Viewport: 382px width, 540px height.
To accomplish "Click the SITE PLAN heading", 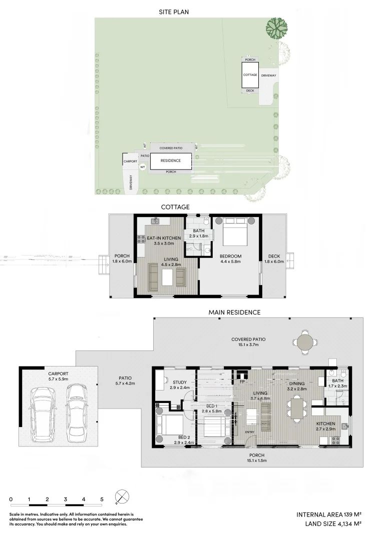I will pos(174,12).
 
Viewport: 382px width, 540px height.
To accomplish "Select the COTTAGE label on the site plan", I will pos(250,75).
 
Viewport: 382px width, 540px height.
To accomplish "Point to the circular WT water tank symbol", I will pos(143,167).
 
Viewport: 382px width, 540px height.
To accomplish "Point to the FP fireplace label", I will pos(242,381).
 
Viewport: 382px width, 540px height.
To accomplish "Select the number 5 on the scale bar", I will pos(102,499).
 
